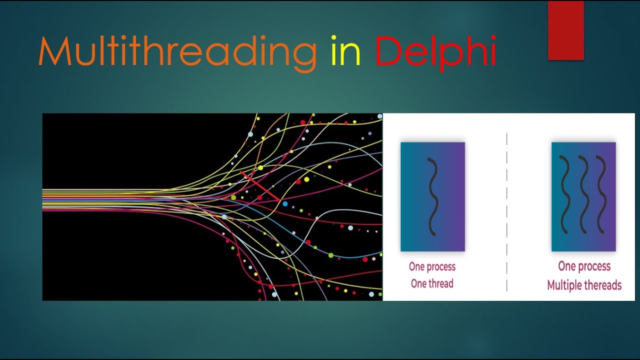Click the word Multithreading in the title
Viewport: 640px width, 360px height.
click(177, 52)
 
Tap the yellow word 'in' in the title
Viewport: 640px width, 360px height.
click(345, 52)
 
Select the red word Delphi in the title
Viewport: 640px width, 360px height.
click(435, 52)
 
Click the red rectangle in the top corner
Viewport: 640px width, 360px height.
click(566, 30)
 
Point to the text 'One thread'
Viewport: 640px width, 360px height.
click(432, 283)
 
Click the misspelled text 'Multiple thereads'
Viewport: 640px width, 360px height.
click(584, 285)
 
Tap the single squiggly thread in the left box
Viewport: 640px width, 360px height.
click(433, 196)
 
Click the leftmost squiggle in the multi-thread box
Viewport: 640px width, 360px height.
click(565, 195)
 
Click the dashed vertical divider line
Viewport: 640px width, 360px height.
click(507, 210)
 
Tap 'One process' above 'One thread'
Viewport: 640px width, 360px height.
click(432, 266)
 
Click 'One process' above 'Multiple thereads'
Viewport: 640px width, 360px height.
click(584, 266)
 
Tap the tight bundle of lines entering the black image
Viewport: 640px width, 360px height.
click(100, 200)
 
